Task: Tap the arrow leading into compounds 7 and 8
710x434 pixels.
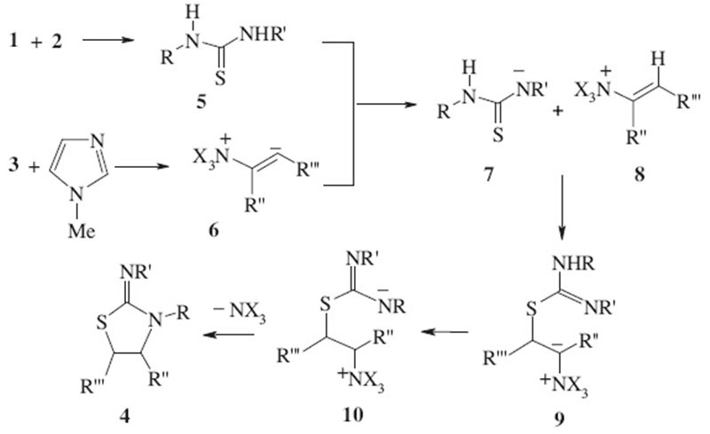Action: tap(387, 107)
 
